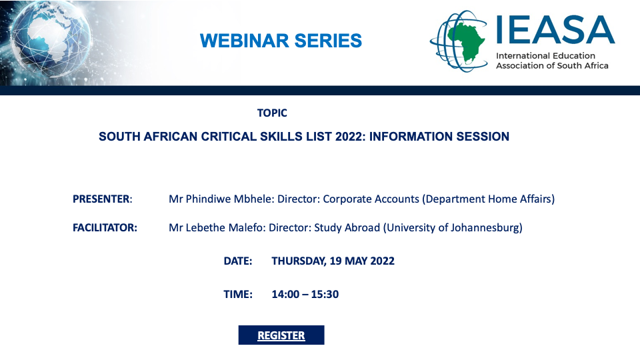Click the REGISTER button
click(281, 335)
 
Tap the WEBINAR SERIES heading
click(281, 41)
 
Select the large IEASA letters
click(555, 29)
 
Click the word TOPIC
click(272, 113)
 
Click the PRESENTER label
click(103, 199)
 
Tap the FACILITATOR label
click(105, 228)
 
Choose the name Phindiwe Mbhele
click(229, 199)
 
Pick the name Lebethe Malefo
click(225, 228)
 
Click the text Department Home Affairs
click(488, 199)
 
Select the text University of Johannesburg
click(453, 228)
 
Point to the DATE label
click(238, 261)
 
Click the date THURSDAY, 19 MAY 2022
click(333, 261)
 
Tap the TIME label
click(238, 294)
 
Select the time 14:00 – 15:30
click(305, 294)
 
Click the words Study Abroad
click(347, 228)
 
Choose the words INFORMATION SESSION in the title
click(439, 136)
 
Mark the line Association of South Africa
click(552, 66)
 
